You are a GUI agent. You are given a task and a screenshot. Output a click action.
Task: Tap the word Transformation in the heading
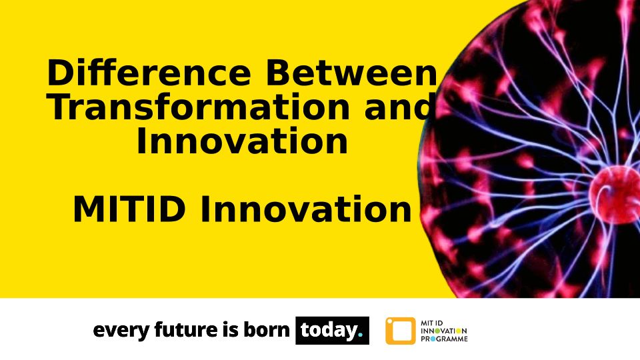[199, 107]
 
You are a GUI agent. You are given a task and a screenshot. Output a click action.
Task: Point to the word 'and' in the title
[399, 107]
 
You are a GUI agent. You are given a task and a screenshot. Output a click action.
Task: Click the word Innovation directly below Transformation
[242, 141]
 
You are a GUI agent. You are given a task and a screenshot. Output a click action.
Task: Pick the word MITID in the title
[129, 209]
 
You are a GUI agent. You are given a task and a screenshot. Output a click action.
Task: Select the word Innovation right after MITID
[306, 209]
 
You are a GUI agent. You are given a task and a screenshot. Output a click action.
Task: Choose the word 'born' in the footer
[267, 329]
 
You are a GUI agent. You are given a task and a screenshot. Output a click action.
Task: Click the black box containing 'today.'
[332, 330]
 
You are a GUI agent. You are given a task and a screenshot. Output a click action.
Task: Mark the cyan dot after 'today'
[360, 335]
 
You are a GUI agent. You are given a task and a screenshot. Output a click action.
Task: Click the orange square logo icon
[401, 331]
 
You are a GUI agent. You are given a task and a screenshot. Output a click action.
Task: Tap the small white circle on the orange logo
[389, 321]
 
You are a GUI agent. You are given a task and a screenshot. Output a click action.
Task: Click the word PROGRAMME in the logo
[444, 339]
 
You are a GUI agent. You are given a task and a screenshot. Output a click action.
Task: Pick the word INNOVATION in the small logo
[444, 331]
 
